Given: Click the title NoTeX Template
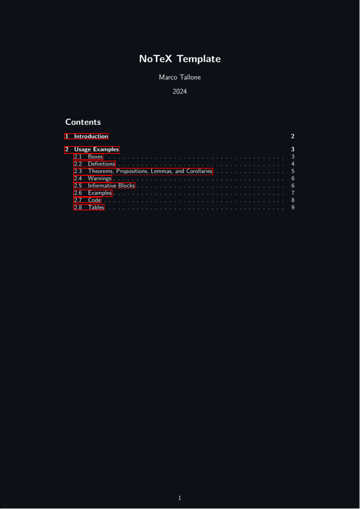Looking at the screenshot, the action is [180, 59].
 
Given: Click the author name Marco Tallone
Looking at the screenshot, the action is [180, 77].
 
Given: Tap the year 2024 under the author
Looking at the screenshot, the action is [180, 92].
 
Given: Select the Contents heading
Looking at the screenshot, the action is [83, 122].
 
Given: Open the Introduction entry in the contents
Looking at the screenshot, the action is [87, 136].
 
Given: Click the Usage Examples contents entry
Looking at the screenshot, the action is [92, 150].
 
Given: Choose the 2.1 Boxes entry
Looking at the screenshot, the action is [88, 157].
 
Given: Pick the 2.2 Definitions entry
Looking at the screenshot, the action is [95, 164].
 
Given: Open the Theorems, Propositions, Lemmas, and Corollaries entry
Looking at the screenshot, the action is [143, 171].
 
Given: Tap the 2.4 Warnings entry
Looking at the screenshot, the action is [92, 179].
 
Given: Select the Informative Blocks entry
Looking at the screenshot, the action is [104, 186].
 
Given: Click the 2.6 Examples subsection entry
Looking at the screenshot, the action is [93, 193].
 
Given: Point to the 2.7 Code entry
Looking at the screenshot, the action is [87, 200].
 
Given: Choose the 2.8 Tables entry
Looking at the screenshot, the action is [89, 207].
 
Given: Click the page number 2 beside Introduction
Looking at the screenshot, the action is [293, 136].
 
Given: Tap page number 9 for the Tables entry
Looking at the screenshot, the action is [293, 207].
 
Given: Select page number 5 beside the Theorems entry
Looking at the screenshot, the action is [293, 171].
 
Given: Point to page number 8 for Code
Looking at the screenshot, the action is [293, 200].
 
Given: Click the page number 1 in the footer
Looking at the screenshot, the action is [180, 498].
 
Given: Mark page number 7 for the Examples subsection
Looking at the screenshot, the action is [293, 193].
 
